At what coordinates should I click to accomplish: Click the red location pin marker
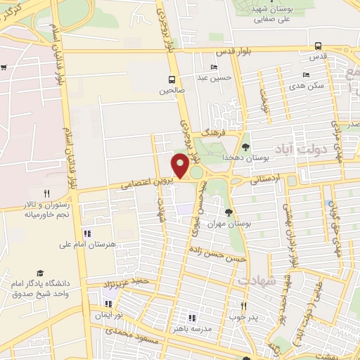click(181, 166)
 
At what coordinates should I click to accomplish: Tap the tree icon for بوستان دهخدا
click(245, 147)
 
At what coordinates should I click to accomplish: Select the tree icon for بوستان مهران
click(229, 212)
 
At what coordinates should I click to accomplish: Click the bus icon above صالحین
click(171, 79)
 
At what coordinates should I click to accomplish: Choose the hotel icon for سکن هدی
click(305, 75)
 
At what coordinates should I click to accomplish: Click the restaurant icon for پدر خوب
click(244, 306)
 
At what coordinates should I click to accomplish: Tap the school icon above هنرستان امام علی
click(86, 233)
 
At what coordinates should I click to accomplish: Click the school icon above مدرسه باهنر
click(191, 318)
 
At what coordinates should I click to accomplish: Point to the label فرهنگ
click(211, 131)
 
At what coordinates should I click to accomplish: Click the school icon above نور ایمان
click(108, 304)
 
